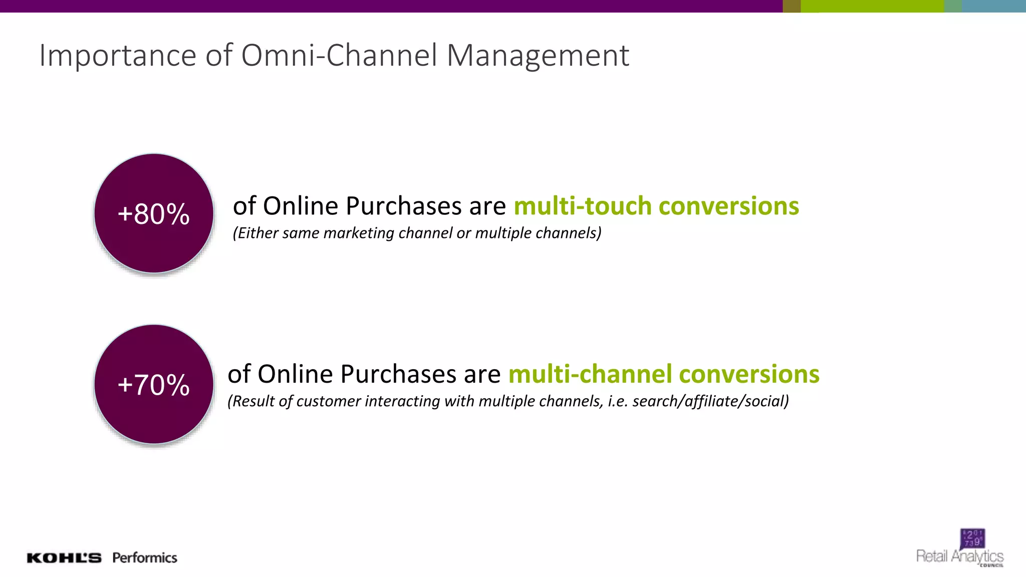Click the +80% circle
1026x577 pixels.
tap(154, 213)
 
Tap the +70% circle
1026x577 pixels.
tap(154, 384)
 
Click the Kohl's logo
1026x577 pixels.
tap(64, 558)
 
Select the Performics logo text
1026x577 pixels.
tap(145, 558)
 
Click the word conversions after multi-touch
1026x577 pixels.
tap(729, 206)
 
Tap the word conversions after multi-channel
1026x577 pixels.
tap(749, 374)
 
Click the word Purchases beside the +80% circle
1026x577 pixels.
tap(403, 206)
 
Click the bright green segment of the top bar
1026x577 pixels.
tap(872, 6)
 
